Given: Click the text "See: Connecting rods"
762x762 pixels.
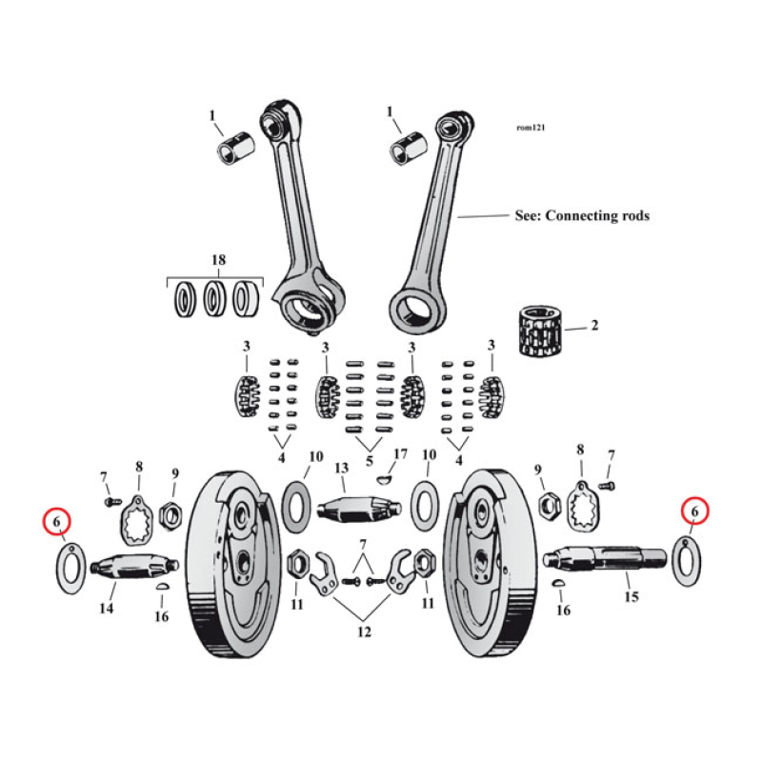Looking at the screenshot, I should pos(581,216).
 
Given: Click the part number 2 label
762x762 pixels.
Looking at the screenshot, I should pos(594,326).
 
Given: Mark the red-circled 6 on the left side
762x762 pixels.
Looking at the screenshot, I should pos(57,522).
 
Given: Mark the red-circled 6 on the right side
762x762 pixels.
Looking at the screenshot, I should pos(694,512).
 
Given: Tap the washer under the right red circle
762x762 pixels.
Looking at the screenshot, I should pos(687,561).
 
